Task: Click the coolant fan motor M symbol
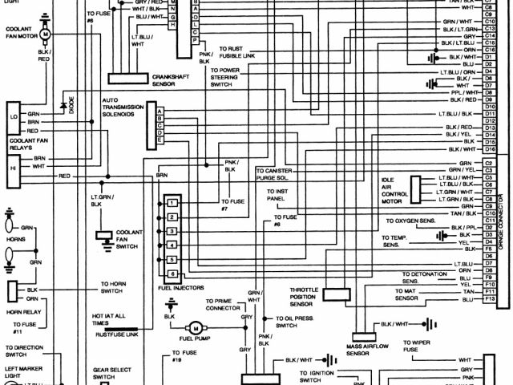[x=46, y=35]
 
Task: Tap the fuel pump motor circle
[x=194, y=328]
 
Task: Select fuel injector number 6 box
[x=172, y=274]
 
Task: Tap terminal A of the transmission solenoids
[x=160, y=109]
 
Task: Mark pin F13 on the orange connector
[x=488, y=298]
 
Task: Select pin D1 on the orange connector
[x=488, y=57]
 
